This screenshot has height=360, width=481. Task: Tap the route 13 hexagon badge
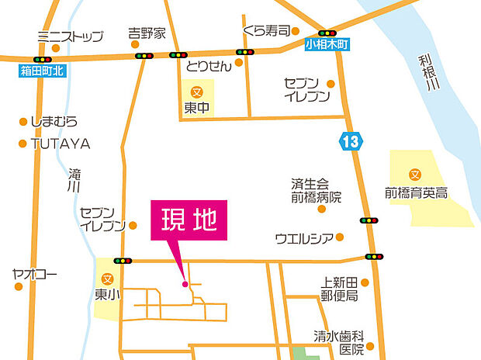pos(349,142)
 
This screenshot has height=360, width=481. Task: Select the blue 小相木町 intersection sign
pos(327,45)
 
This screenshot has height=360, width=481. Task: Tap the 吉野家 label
pos(147,34)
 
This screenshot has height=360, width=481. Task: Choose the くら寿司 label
pos(266,31)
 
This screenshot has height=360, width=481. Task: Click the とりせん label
pos(209,67)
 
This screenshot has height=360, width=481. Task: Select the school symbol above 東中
pos(196,91)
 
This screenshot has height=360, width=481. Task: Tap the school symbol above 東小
pos(107,279)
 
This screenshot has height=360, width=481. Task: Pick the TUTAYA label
pos(60,144)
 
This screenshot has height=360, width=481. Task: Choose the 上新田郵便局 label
pos(339,289)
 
